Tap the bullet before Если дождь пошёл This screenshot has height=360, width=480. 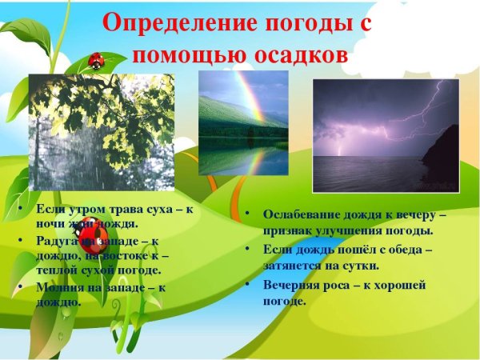[x=249, y=250]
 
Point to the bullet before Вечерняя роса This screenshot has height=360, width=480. [x=249, y=286]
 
